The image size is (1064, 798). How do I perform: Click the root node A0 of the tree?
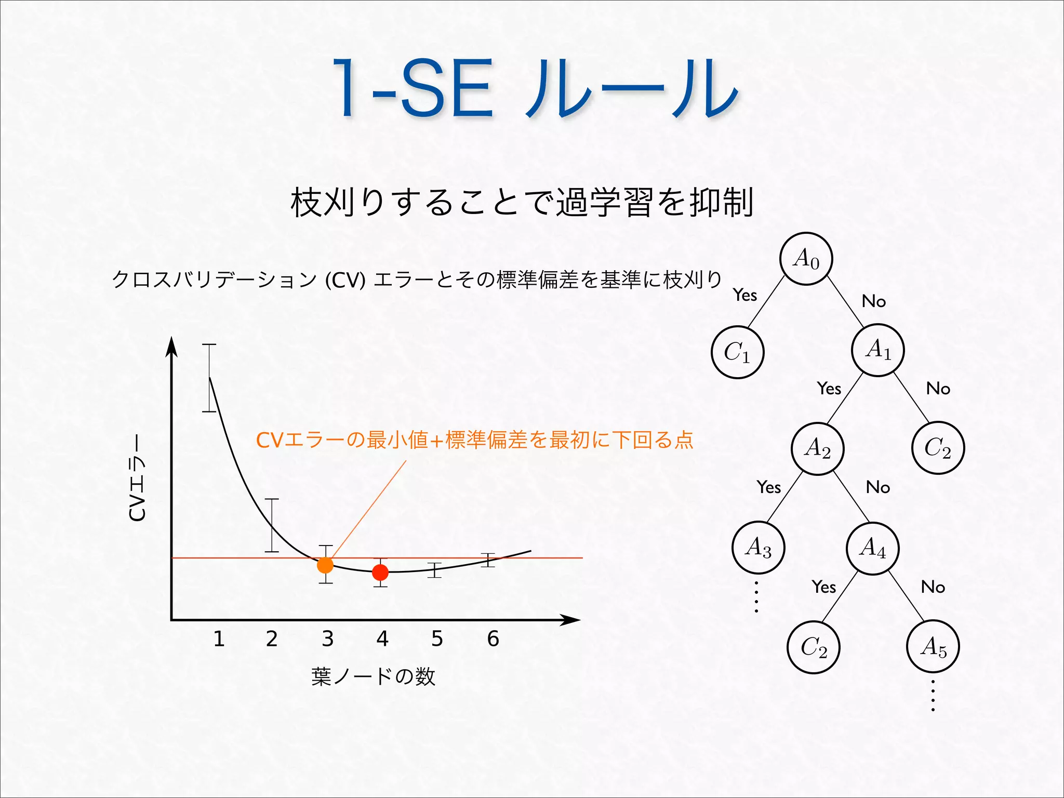click(x=806, y=259)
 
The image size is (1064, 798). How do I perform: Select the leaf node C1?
click(x=737, y=352)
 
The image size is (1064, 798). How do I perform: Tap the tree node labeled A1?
click(x=878, y=350)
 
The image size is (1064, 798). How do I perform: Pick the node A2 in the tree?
click(x=818, y=448)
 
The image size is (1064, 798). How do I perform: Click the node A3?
click(x=758, y=548)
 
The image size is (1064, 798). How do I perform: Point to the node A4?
click(x=873, y=548)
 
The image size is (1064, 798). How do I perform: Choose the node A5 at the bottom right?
click(x=933, y=647)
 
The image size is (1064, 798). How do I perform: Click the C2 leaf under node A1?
click(x=938, y=448)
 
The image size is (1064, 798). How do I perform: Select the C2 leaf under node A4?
click(x=814, y=647)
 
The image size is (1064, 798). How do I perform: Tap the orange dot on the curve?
click(x=325, y=565)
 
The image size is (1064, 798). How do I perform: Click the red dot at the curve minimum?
click(x=380, y=573)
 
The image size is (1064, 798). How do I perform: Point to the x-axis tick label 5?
click(x=437, y=639)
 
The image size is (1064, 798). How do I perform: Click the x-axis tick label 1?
click(x=219, y=639)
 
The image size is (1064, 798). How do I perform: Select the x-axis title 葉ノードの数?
click(x=373, y=676)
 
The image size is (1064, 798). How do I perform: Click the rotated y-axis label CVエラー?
click(x=138, y=477)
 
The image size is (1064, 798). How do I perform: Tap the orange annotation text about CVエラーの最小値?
click(x=474, y=440)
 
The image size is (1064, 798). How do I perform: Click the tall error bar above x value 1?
click(x=209, y=378)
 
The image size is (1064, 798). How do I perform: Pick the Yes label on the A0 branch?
click(x=745, y=295)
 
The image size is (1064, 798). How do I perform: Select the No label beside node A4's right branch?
click(x=933, y=587)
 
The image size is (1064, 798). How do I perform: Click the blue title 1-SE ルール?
click(x=535, y=88)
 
